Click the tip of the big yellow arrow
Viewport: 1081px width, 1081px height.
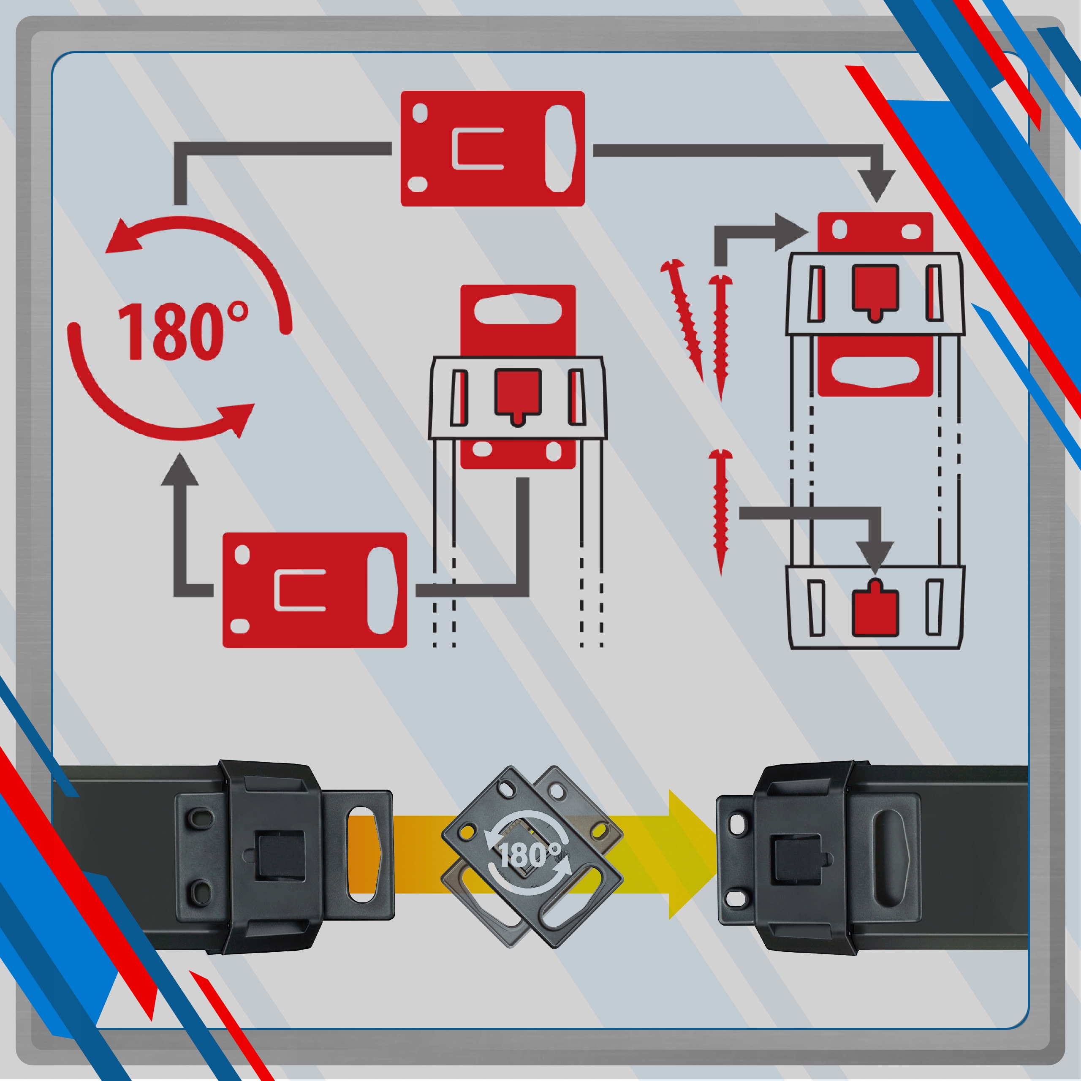coord(717,854)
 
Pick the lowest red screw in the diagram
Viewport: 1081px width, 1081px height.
coord(721,512)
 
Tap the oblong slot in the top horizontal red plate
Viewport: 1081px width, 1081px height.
coord(559,148)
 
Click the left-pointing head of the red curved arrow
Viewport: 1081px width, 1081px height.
coord(126,236)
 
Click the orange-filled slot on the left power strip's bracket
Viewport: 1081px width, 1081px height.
coord(364,854)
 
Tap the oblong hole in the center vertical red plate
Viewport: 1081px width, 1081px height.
coord(518,307)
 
